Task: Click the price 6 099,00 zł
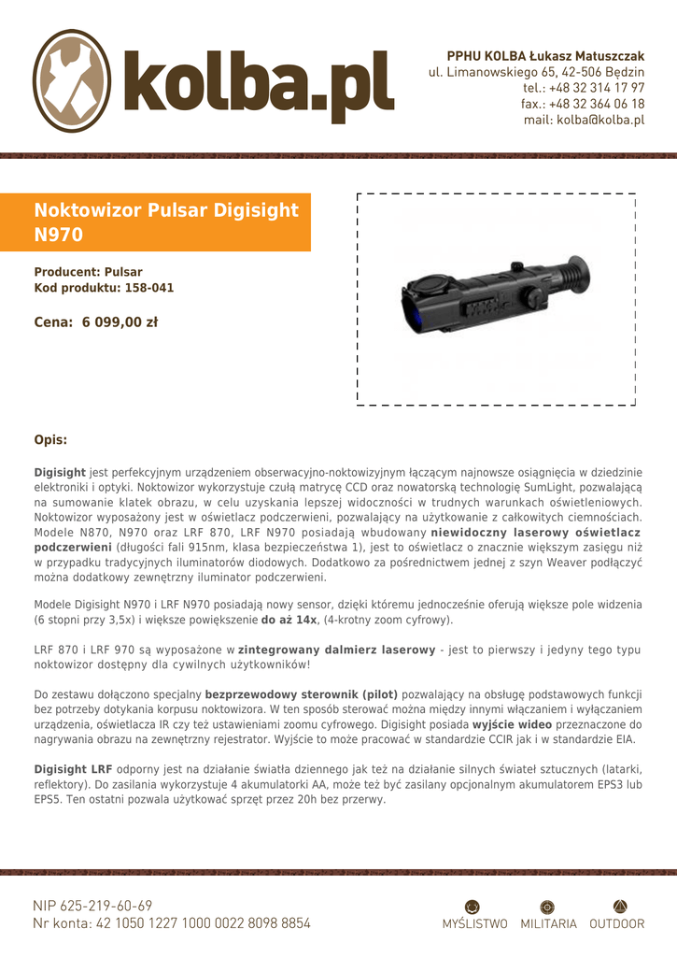point(120,322)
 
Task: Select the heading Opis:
point(50,439)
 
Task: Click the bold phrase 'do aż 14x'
point(289,620)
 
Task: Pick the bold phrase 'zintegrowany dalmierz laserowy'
point(337,650)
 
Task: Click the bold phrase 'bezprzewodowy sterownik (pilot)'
point(301,694)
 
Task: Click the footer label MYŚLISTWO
point(474,924)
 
